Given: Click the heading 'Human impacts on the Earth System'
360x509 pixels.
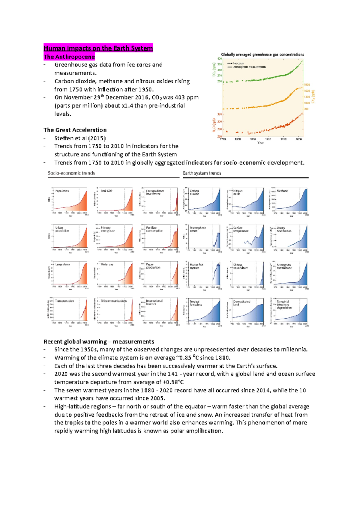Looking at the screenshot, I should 98,48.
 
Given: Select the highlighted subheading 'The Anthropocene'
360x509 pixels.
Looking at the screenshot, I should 69,57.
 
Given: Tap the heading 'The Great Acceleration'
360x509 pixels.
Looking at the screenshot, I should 75,130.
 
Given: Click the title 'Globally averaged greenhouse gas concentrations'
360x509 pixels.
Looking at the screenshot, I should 262,55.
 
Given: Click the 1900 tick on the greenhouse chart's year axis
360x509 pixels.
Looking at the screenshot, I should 268,139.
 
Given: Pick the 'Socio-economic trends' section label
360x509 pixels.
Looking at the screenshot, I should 71,173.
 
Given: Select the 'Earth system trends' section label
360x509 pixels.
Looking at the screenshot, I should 202,173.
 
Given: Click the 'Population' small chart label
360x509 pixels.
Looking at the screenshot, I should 62,191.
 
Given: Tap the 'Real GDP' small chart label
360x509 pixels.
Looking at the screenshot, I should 106,191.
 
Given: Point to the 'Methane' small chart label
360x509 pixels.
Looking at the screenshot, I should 282,191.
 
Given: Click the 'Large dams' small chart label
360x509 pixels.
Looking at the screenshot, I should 63,264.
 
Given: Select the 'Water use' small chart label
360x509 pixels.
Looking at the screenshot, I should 107,264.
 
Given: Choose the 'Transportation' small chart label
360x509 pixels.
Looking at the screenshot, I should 64,301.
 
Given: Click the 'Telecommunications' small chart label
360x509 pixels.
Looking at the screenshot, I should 114,301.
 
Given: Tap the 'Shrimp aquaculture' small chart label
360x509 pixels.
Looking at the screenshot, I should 241,266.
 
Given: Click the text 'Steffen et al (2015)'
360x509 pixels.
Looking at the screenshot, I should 80,138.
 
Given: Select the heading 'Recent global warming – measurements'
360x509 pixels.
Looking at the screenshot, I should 99,342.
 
